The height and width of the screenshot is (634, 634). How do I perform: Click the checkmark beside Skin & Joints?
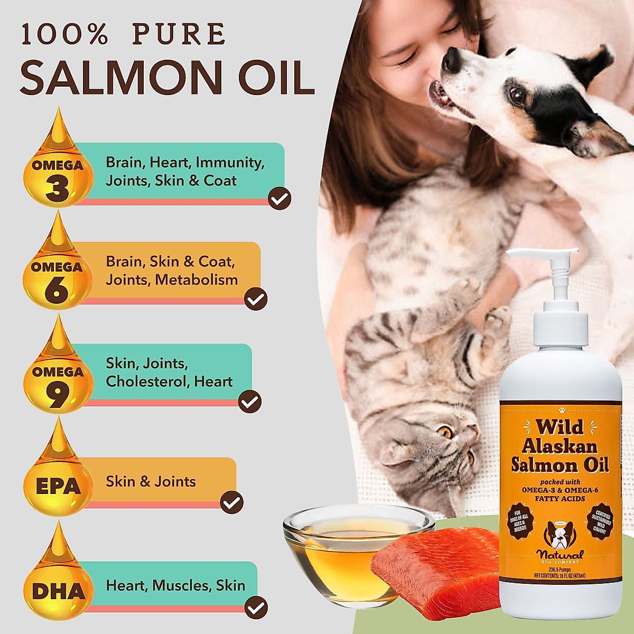[231, 502]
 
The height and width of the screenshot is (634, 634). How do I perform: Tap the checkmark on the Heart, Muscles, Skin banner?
[256, 607]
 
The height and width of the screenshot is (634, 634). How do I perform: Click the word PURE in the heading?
[179, 34]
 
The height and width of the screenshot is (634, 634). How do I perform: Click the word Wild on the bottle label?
[559, 426]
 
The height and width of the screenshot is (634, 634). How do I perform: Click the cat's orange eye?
[445, 432]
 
